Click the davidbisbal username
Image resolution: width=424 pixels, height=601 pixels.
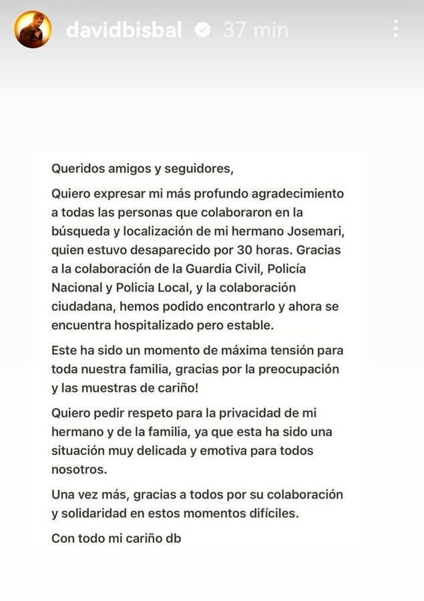(x=124, y=29)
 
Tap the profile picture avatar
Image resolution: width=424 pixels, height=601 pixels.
(x=33, y=29)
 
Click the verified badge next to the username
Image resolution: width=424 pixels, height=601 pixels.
(x=201, y=29)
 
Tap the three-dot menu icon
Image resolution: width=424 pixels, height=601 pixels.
(x=396, y=28)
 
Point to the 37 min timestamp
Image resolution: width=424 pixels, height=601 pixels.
(x=256, y=29)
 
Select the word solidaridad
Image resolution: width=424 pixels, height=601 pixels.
(x=95, y=514)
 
